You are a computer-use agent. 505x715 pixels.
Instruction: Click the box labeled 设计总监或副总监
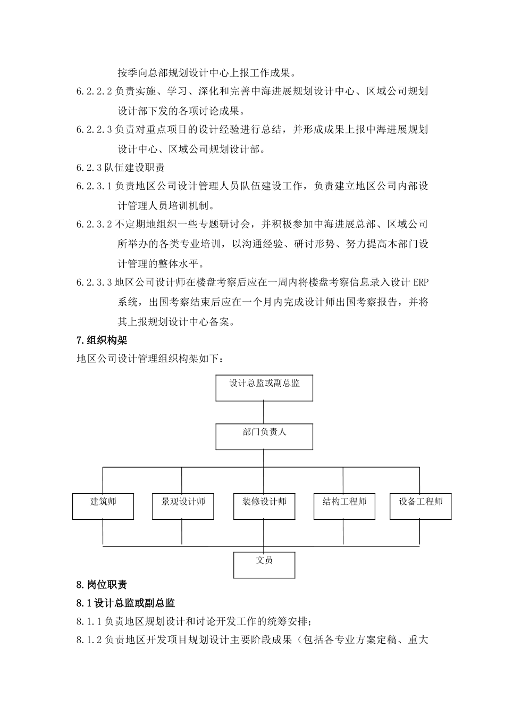pos(264,388)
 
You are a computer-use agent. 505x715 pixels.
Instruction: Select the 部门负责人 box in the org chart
pos(264,437)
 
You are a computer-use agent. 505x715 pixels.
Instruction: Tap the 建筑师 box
pos(103,506)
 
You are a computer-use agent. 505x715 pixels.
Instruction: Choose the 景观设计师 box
pos(183,506)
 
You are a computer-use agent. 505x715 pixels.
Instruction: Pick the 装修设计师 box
pos(264,506)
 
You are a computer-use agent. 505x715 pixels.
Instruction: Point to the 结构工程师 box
pos(344,506)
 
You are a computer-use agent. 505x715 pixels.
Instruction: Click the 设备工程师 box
pos(420,506)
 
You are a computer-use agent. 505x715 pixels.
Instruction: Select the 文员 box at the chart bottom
pos(264,564)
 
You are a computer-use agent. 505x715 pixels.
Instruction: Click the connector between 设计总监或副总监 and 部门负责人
pos(264,412)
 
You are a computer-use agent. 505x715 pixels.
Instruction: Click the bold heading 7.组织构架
pos(102,340)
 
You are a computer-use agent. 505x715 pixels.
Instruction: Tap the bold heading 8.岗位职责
pos(102,585)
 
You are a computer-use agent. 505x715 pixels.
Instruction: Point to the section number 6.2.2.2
pos(94,92)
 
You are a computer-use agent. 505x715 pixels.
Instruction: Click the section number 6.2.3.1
pos(94,186)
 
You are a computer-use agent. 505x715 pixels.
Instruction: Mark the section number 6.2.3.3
pos(94,282)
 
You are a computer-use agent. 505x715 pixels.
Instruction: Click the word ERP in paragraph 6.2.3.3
pos(420,282)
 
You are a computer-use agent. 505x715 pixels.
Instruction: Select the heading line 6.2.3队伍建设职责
pos(121,168)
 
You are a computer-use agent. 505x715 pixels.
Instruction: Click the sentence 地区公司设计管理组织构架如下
pos(150,359)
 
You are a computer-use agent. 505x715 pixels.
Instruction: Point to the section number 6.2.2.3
pos(94,129)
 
